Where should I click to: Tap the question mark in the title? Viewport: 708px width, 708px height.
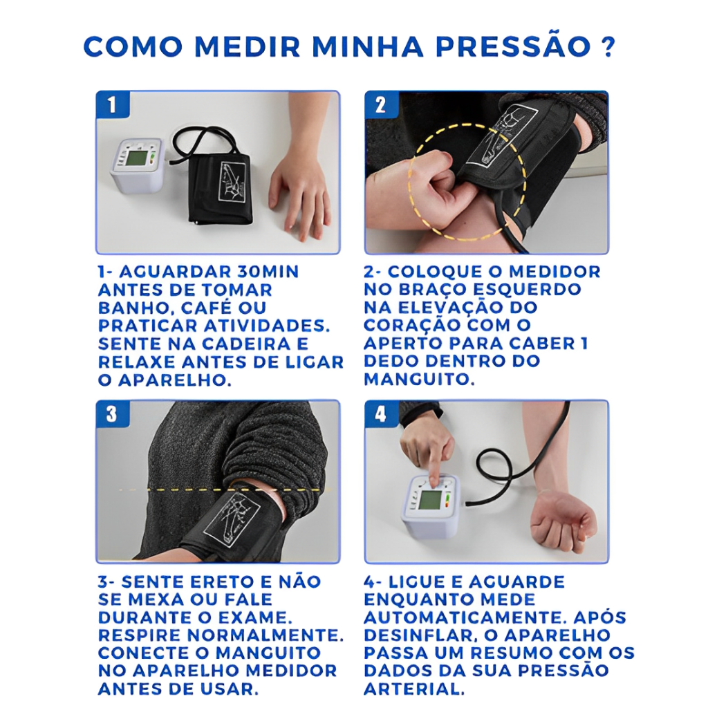[608, 46]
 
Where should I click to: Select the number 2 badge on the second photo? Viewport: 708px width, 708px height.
[381, 104]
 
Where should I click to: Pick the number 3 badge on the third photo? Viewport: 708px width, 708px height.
[112, 413]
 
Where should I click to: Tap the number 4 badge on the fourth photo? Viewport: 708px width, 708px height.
[381, 413]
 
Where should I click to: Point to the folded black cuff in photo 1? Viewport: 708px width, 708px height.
[220, 189]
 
